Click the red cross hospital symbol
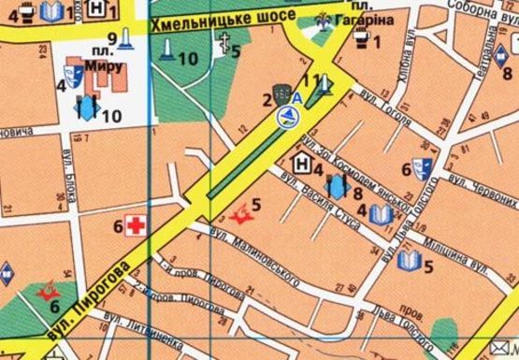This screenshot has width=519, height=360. pyautogui.click(x=137, y=225)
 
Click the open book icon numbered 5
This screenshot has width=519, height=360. pyautogui.click(x=408, y=259)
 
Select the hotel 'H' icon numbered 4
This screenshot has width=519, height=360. pyautogui.click(x=303, y=164)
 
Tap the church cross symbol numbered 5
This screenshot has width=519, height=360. pyautogui.click(x=224, y=41)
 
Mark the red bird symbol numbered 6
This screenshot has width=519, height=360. pyautogui.click(x=44, y=293)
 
